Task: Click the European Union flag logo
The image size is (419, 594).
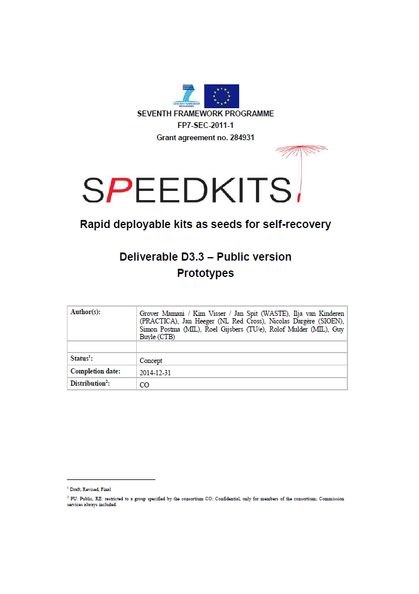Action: coord(221,96)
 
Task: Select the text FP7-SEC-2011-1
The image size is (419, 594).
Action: coord(205,126)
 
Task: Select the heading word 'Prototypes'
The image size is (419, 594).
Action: coord(205,273)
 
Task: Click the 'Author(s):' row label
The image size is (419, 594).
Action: coord(86,312)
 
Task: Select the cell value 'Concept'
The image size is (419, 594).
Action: coord(151,361)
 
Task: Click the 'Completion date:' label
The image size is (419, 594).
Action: coord(95,371)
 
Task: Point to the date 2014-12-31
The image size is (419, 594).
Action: coord(157,372)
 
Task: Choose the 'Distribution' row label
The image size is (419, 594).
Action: coord(90,383)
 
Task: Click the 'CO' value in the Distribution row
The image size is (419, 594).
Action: coord(144,385)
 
